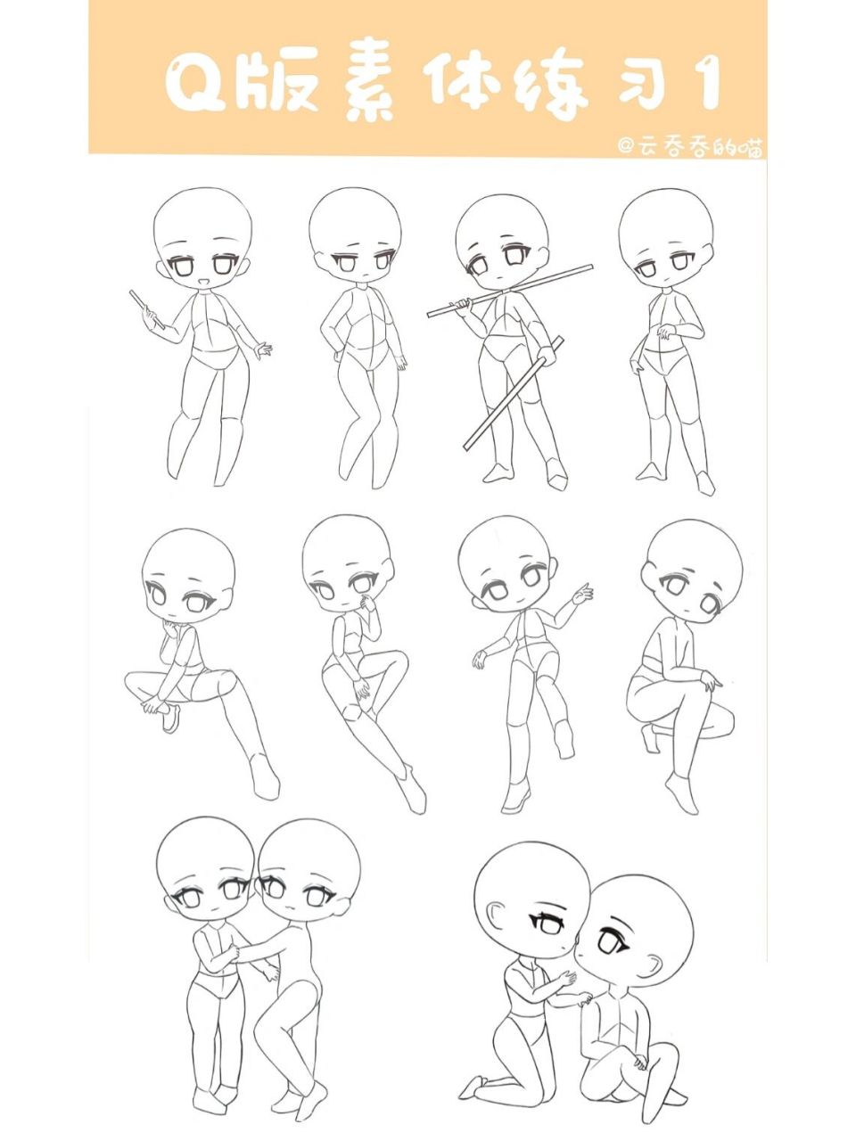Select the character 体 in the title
[465, 85]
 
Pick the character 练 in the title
[553, 86]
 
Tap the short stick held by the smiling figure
[143, 306]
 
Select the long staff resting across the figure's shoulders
[510, 290]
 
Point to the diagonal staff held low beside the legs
[514, 393]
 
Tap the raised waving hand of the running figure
[582, 593]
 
